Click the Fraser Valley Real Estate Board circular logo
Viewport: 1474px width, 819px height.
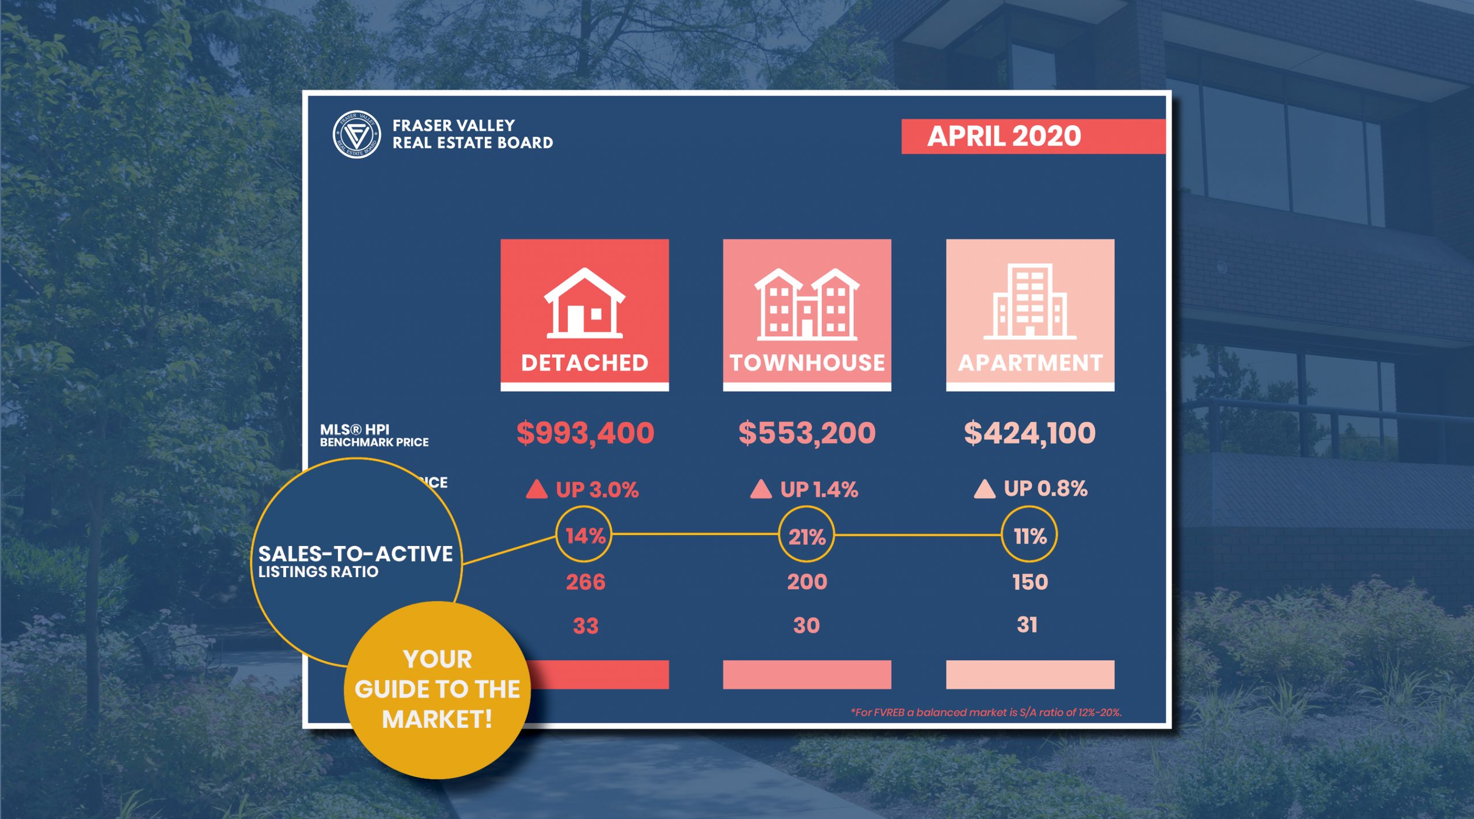(356, 134)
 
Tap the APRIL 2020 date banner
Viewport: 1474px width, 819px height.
(1033, 136)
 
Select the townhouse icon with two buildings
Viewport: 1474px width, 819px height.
(807, 304)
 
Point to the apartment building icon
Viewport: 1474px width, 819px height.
(1029, 301)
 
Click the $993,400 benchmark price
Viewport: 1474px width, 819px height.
(585, 433)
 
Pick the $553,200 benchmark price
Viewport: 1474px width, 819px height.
(807, 433)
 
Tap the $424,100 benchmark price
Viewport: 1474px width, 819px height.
(1029, 433)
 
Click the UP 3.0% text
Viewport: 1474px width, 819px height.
(597, 490)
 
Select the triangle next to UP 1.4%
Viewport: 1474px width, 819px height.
(761, 489)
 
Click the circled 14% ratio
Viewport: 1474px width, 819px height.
(584, 535)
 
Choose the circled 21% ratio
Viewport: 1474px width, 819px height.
(807, 535)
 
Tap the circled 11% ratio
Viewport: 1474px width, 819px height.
(1029, 535)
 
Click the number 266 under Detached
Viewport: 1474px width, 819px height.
(586, 582)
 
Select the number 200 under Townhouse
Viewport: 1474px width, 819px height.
(807, 582)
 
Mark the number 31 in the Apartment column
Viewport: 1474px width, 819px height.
(1027, 625)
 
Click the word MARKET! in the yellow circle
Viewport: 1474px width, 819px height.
(438, 719)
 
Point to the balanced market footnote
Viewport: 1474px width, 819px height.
(986, 712)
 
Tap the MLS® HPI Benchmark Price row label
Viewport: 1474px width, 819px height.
(374, 435)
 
